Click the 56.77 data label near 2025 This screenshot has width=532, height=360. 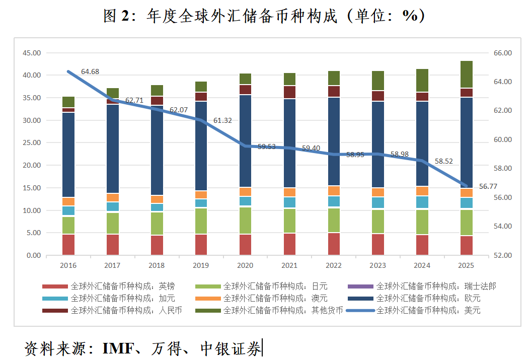[488, 186]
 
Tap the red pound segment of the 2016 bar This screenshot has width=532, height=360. [68, 245]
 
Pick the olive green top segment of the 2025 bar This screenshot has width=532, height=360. [467, 75]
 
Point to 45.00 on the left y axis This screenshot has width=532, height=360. [31, 53]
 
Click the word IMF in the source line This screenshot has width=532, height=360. [117, 348]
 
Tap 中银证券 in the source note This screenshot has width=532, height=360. [231, 348]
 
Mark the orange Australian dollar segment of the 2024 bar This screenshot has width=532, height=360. [422, 191]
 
